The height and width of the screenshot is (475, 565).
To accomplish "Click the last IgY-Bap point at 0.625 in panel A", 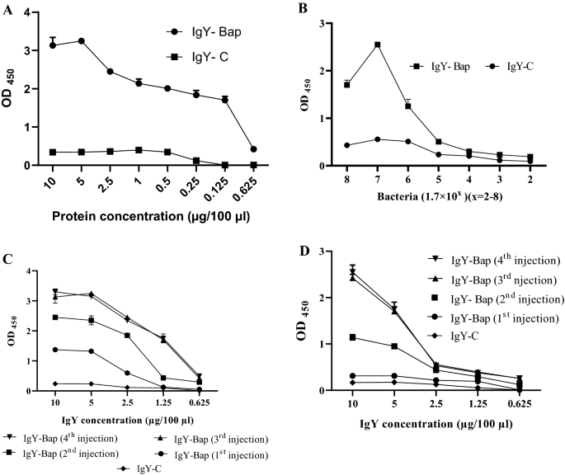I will pos(276,149).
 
